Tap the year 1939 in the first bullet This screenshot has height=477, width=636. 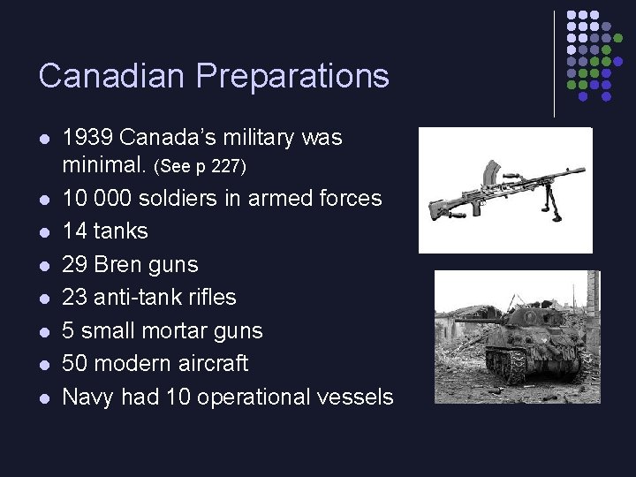click(87, 138)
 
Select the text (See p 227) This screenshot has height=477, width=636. click(200, 166)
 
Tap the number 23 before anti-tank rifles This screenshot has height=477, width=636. click(76, 297)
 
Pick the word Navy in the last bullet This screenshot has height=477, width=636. click(88, 397)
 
